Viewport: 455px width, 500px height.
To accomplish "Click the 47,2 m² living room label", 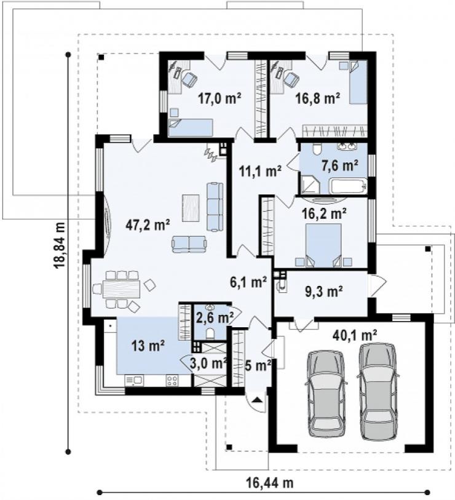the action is pyautogui.click(x=148, y=225).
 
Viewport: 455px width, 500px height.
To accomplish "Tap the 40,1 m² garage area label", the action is pyautogui.click(x=355, y=335).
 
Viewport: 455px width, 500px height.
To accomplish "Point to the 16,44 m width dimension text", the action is pyautogui.click(x=269, y=483).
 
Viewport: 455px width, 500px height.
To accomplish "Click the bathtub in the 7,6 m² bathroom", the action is pyautogui.click(x=349, y=186).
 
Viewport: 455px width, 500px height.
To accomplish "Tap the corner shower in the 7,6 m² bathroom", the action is pyautogui.click(x=309, y=185).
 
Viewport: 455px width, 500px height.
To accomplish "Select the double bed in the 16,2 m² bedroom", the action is pyautogui.click(x=323, y=245).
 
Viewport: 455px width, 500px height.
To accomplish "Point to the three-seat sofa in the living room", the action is pyautogui.click(x=215, y=206).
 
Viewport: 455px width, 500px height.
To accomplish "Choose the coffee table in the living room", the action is pyautogui.click(x=191, y=208).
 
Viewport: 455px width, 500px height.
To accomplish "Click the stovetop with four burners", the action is pyautogui.click(x=173, y=380).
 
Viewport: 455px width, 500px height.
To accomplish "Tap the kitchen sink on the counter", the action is pyautogui.click(x=134, y=380).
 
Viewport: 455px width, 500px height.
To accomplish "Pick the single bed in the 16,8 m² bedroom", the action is pyautogui.click(x=358, y=82).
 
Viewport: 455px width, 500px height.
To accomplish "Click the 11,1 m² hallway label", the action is pyautogui.click(x=260, y=171).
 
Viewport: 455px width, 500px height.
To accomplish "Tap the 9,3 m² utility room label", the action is pyautogui.click(x=324, y=291).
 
